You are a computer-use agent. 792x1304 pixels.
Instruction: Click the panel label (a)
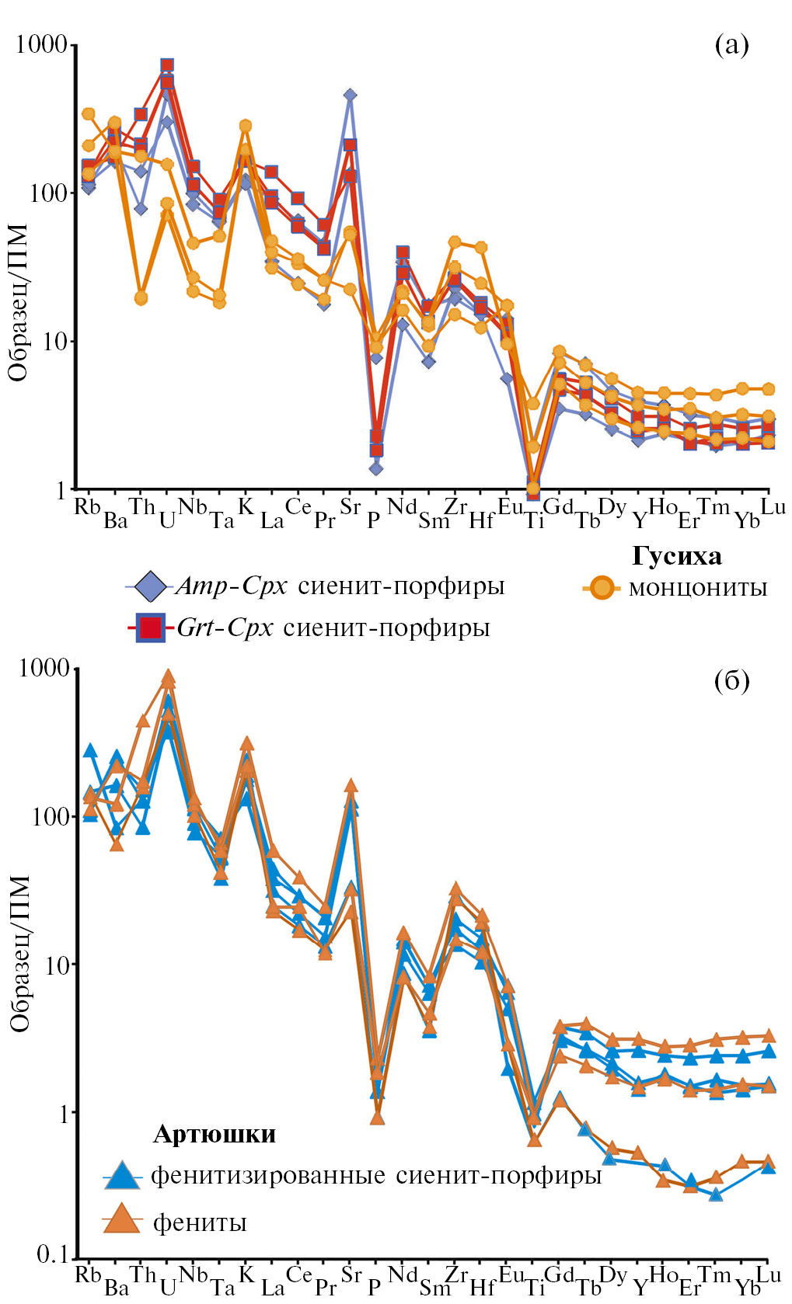(731, 46)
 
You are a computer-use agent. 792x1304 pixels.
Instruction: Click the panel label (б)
(731, 681)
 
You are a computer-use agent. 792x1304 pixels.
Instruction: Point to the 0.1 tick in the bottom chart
(52, 1254)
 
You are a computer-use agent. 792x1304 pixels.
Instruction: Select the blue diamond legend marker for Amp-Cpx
(150, 586)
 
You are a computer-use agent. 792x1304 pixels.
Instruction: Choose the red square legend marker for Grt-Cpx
(150, 628)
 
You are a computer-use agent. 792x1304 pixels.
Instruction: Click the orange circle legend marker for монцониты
(601, 588)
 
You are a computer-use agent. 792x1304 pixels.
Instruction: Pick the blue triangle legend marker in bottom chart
(122, 1176)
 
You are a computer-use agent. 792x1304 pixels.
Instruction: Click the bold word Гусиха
(676, 556)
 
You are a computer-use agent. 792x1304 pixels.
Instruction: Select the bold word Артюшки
(215, 1135)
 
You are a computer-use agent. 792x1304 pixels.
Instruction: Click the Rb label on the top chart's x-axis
(87, 507)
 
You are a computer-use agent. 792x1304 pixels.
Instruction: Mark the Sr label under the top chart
(351, 507)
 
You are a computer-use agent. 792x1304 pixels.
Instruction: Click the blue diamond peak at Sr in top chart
(351, 95)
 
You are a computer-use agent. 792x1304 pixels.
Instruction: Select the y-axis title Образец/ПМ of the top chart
(19, 303)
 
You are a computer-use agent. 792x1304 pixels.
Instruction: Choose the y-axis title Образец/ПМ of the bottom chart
(20, 954)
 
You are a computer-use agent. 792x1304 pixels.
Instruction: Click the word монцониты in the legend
(697, 588)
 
